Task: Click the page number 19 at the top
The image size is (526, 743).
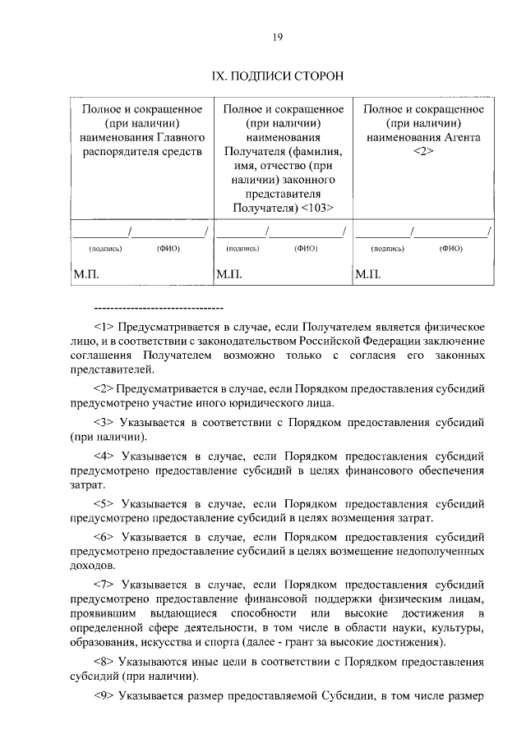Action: click(278, 37)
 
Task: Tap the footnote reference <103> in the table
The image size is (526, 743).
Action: click(316, 208)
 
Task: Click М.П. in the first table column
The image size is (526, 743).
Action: click(85, 275)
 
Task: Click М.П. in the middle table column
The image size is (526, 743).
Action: click(228, 275)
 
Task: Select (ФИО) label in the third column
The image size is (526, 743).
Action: click(450, 247)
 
